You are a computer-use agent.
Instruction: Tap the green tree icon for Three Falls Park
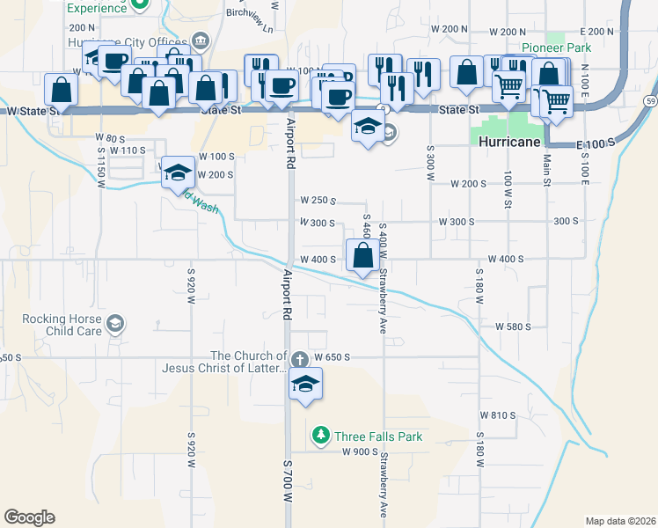(322, 436)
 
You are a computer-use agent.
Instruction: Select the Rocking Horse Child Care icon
(114, 325)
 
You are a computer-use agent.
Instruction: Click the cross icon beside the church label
(299, 359)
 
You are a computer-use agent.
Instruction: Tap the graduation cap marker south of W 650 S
(305, 385)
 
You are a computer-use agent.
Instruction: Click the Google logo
(29, 517)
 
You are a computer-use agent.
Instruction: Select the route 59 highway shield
(647, 88)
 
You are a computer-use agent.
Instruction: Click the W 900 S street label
(359, 452)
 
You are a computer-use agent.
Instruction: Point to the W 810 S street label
(497, 414)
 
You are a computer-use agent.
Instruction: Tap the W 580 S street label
(513, 326)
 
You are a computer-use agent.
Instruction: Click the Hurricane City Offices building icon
(200, 40)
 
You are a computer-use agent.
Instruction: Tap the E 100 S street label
(595, 143)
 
